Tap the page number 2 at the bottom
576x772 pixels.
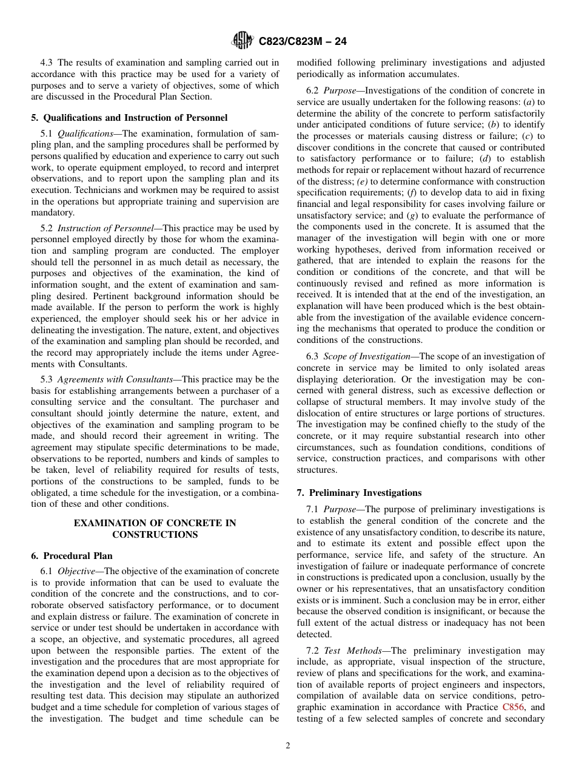[288, 746]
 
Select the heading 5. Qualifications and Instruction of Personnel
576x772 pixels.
[129, 118]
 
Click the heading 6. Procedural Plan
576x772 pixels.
[72, 556]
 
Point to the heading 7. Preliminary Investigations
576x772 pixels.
[359, 493]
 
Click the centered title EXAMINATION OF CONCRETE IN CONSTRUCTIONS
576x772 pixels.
[155, 529]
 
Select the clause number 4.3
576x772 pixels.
[47, 62]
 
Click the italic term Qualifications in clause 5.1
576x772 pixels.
[85, 134]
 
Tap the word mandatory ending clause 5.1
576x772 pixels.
[53, 213]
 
